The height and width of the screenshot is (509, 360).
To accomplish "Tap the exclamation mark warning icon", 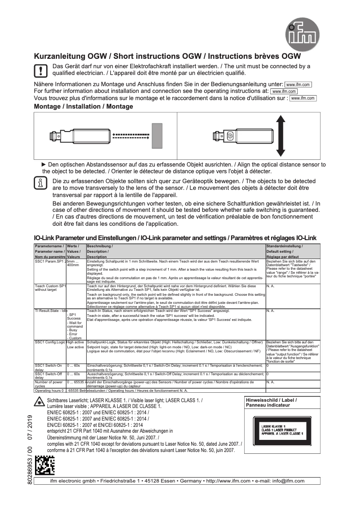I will tap(40, 70).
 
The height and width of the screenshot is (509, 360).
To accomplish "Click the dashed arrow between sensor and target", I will tap(130, 135).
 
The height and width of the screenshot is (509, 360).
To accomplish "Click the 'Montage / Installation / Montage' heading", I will tap(83, 106).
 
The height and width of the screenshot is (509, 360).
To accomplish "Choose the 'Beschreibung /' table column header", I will tap(100, 246).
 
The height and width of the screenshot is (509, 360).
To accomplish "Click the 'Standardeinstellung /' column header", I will tap(285, 246).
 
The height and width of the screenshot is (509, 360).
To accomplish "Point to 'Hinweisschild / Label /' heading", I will tap(271, 400).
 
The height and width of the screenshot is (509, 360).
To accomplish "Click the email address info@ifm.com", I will tap(289, 481).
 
